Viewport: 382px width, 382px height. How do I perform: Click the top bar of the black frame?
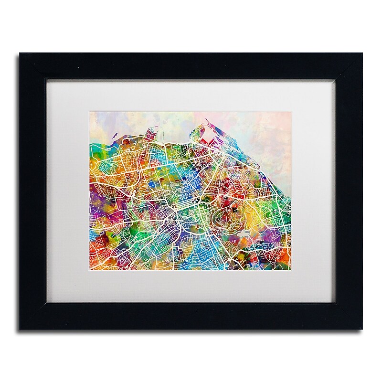pos(191,66)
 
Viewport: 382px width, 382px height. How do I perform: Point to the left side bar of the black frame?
pos(32,191)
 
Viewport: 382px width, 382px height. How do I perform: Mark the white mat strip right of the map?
pos(317,191)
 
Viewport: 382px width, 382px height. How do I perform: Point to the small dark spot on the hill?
pos(235,197)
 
